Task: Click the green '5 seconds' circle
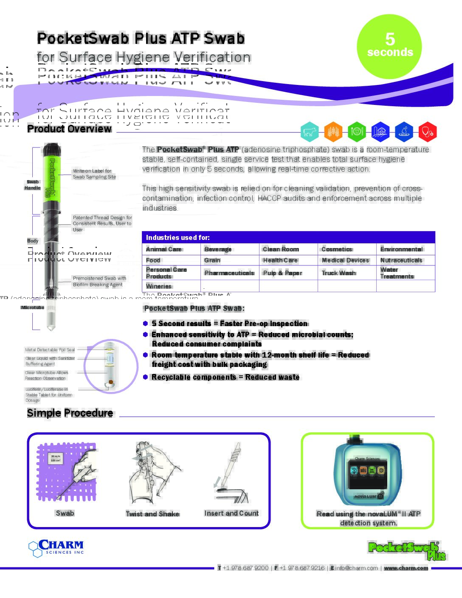(x=389, y=46)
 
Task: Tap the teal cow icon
(x=310, y=132)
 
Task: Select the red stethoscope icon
(x=427, y=132)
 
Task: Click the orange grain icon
(x=333, y=132)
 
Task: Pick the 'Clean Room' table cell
(x=281, y=249)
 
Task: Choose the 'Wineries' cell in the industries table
(x=159, y=286)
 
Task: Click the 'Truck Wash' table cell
(x=338, y=273)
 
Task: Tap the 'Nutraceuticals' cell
(x=401, y=260)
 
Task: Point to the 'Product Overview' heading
(x=69, y=129)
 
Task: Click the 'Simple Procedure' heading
(x=70, y=413)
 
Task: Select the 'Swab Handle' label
(x=32, y=185)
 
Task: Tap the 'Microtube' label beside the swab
(x=32, y=307)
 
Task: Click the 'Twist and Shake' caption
(x=152, y=514)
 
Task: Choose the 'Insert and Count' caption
(x=231, y=513)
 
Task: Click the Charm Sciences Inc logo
(x=56, y=547)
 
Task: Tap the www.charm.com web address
(x=406, y=568)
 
